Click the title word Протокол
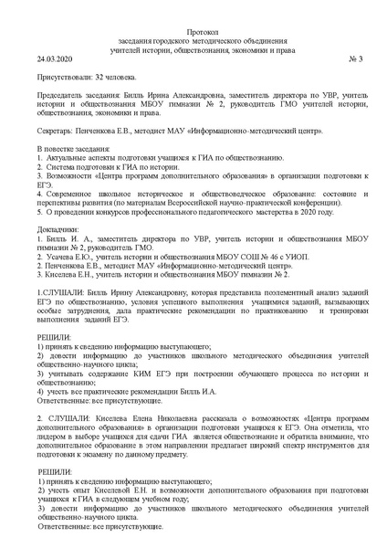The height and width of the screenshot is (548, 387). (194, 30)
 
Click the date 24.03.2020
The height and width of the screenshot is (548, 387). (56, 59)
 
